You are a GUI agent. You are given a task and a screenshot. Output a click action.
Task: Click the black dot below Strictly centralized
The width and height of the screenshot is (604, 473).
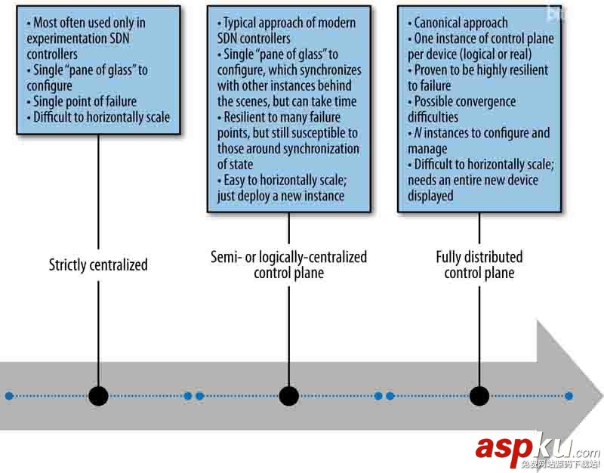coord(98,395)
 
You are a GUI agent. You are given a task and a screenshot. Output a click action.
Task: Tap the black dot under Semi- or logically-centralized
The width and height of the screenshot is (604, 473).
coord(288,395)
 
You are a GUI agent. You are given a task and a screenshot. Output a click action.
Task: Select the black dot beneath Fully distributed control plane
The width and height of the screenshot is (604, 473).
coord(479,395)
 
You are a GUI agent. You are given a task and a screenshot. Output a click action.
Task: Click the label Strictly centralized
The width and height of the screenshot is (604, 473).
coord(98,264)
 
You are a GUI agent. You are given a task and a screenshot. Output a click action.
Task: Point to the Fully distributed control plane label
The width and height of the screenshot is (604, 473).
coord(479,264)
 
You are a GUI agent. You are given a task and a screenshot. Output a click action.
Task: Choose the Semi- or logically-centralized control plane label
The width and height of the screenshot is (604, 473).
coord(288,264)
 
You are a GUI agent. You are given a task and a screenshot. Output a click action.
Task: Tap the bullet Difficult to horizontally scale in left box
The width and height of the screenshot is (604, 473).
coord(97,117)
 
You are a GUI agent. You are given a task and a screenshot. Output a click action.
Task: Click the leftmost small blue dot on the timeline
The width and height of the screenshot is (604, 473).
coord(8,395)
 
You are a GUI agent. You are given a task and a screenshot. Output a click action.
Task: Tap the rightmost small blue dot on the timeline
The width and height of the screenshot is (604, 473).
coord(569,395)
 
